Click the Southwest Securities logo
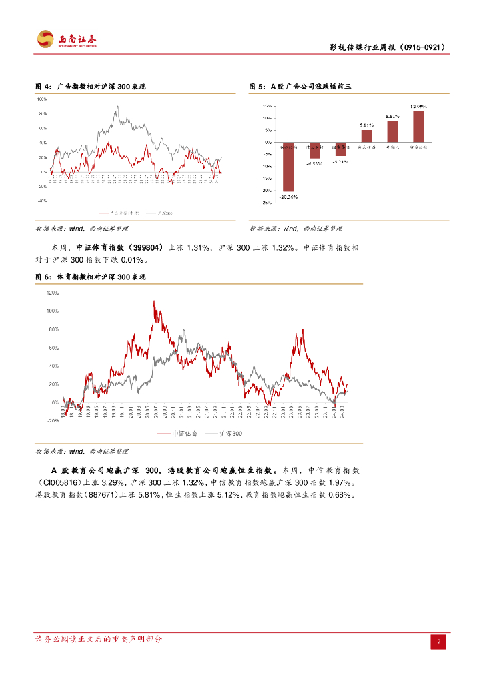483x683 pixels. pyautogui.click(x=67, y=39)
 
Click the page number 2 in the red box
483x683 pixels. pyautogui.click(x=438, y=642)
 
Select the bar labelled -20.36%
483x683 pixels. pyautogui.click(x=288, y=167)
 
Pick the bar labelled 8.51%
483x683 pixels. pyautogui.click(x=392, y=131)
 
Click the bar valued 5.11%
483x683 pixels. pyautogui.click(x=366, y=135)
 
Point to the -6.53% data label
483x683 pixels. pyautogui.click(x=314, y=163)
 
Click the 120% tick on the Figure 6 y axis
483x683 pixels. pyautogui.click(x=53, y=293)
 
